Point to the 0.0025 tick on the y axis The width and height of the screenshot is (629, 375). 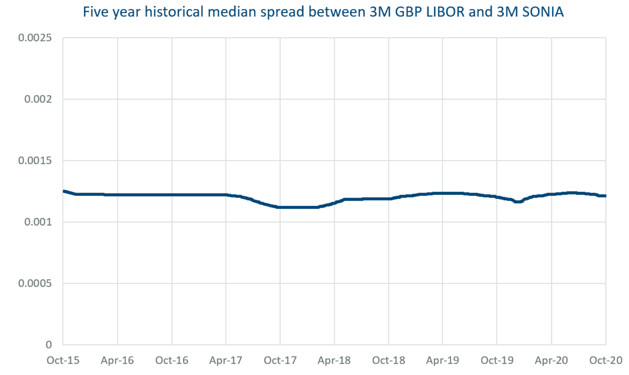pyautogui.click(x=35, y=38)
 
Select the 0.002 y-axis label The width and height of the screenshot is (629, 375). pyautogui.click(x=38, y=99)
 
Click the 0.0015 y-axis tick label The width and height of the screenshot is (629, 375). pyautogui.click(x=35, y=161)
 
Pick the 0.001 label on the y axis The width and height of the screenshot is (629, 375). pyautogui.click(x=38, y=222)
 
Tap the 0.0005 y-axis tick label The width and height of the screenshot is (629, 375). pyautogui.click(x=35, y=284)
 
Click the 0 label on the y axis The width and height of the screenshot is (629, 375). pyautogui.click(x=49, y=345)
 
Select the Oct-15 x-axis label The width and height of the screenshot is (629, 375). pyautogui.click(x=63, y=360)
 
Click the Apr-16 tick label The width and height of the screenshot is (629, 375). pyautogui.click(x=117, y=360)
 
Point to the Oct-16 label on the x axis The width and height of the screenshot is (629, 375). pyautogui.click(x=172, y=360)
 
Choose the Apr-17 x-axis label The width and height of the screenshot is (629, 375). pyautogui.click(x=226, y=360)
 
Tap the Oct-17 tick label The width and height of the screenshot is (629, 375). pyautogui.click(x=280, y=360)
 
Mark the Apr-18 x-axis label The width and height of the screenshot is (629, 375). pyautogui.click(x=334, y=360)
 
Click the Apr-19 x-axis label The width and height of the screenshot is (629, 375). pyautogui.click(x=443, y=360)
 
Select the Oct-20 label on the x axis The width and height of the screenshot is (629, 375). pyautogui.click(x=605, y=360)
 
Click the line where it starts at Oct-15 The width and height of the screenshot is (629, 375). pyautogui.click(x=64, y=191)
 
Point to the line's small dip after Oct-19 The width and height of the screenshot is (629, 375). pyautogui.click(x=518, y=202)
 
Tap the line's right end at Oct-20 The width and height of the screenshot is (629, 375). pyautogui.click(x=605, y=196)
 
